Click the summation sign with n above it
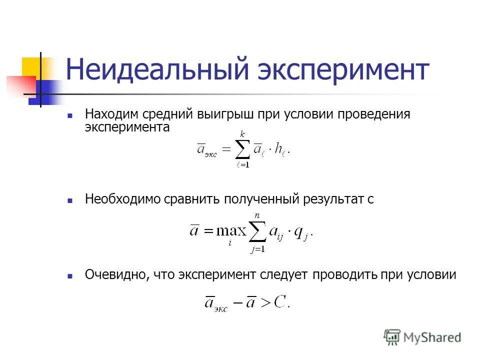[258, 231]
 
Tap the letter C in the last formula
[281, 302]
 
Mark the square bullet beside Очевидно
[70, 275]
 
